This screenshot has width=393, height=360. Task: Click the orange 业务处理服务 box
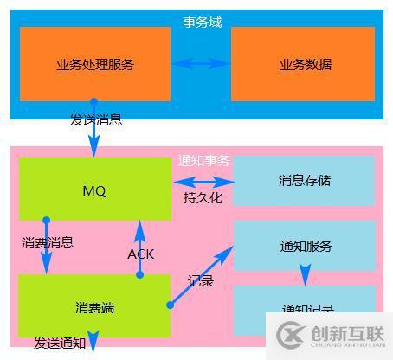coord(94,64)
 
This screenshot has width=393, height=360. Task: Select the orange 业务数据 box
coord(305,64)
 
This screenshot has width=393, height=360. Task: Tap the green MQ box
coord(94,190)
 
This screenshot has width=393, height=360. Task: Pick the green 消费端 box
coord(94,307)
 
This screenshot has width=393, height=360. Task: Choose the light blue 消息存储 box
coord(305,181)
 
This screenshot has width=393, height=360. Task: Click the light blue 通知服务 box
coord(305,246)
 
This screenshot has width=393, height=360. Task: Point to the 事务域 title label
coord(202,22)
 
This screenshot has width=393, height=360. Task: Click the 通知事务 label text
coord(203,160)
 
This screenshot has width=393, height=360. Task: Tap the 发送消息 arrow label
coord(96,119)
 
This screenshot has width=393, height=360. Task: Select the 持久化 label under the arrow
coord(203,198)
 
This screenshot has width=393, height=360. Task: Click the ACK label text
coord(140,254)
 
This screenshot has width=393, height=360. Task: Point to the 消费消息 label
coord(48,243)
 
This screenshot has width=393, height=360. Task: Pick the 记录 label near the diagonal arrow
coord(201,280)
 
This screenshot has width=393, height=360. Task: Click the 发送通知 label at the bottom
coord(60,344)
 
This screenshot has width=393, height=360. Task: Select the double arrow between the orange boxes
coord(201,63)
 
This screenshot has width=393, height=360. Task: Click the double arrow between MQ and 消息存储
coord(203,182)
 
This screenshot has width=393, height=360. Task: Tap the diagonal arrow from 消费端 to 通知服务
coord(201,275)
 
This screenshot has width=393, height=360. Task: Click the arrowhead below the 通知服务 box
coord(305,278)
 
